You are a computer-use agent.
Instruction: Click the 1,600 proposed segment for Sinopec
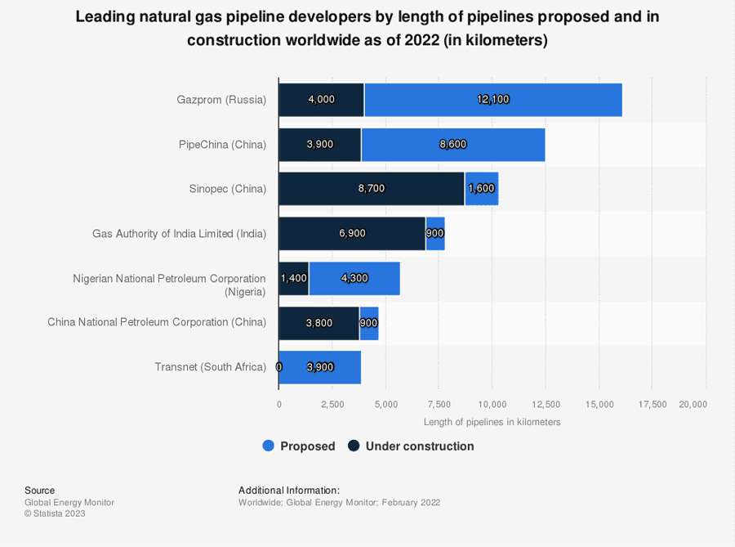click(x=481, y=189)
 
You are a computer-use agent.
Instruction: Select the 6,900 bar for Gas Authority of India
click(x=352, y=234)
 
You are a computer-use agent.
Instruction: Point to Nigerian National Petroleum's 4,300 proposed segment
click(x=354, y=278)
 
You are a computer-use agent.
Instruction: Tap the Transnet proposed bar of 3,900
click(x=320, y=367)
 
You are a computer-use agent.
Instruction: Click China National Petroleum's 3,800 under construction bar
click(x=318, y=323)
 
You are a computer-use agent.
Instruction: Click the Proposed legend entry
click(x=299, y=446)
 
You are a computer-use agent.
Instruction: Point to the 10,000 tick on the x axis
click(x=492, y=404)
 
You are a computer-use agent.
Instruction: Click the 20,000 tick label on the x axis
click(x=693, y=404)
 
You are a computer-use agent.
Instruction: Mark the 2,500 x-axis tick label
click(x=332, y=404)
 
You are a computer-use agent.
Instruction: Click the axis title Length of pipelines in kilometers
click(x=492, y=422)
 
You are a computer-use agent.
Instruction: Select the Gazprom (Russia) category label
click(x=221, y=100)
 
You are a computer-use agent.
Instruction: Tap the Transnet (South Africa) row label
click(x=210, y=367)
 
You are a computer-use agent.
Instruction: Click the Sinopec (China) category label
click(x=228, y=189)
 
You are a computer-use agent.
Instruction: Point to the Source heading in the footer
click(x=39, y=491)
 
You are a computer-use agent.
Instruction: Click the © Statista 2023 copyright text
click(x=55, y=513)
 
